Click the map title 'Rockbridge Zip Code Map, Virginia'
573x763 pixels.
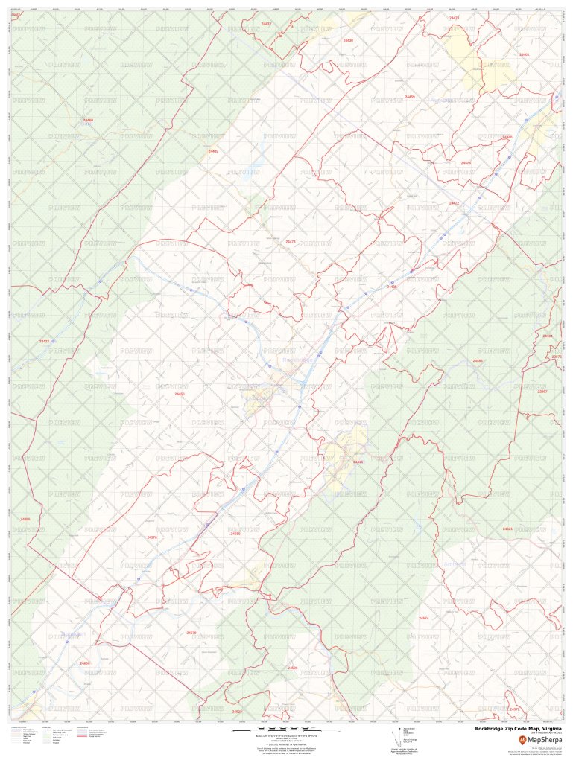coord(519,730)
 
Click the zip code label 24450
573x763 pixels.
coord(180,394)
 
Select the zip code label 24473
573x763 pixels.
coord(291,242)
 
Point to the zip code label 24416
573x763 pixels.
coord(358,462)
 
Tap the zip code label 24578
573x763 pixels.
coord(152,537)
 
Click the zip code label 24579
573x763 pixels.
coord(191,633)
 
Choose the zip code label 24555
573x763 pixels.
coord(235,534)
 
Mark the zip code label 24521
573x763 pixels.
coord(507,529)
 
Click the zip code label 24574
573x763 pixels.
coord(423,619)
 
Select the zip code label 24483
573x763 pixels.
coord(478,361)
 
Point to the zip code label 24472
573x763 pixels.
coord(454,203)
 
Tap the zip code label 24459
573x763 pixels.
coord(410,97)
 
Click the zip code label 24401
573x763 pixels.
coord(525,54)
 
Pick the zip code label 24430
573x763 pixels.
coord(348,40)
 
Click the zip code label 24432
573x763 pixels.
coord(266,24)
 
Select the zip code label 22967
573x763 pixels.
coord(542,392)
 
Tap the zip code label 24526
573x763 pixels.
coord(293,668)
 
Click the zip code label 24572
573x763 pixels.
coord(514,709)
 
